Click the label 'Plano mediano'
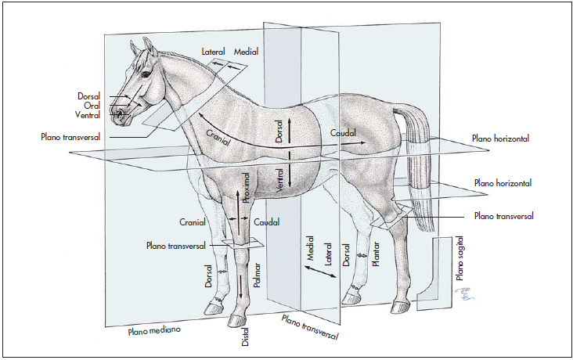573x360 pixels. tap(154, 331)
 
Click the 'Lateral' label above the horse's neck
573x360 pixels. tap(214, 52)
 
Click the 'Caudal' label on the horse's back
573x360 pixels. tap(344, 133)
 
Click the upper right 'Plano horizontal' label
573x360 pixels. tap(500, 138)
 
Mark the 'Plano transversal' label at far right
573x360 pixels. tap(504, 216)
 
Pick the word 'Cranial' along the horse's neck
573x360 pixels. tap(218, 135)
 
